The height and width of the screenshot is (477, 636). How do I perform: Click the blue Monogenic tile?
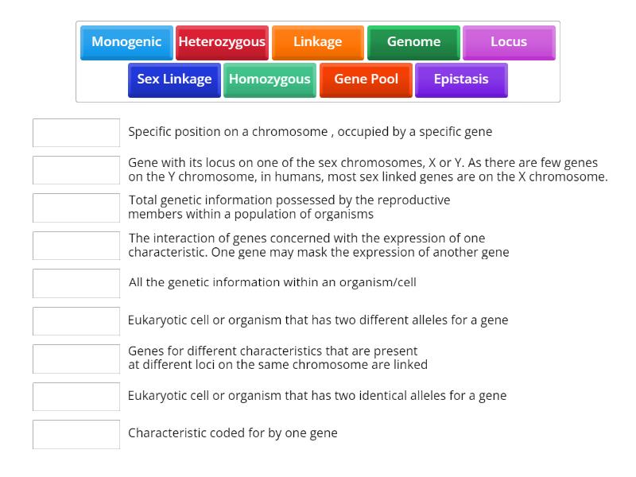[x=126, y=42]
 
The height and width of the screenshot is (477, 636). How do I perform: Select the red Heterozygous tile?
[x=222, y=42]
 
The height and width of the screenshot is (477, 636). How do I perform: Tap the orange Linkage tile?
[x=317, y=42]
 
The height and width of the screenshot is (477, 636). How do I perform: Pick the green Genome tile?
[x=413, y=42]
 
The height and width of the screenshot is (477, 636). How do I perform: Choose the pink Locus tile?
[x=509, y=42]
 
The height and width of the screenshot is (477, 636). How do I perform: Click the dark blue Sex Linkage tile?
[x=174, y=79]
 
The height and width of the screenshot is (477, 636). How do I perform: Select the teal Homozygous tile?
[x=270, y=79]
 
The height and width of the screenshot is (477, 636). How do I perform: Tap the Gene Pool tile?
[x=366, y=79]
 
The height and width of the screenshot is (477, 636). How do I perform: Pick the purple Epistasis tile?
[x=461, y=79]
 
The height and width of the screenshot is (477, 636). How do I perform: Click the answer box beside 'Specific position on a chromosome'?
[x=76, y=133]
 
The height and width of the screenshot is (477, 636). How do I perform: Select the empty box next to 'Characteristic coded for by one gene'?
[x=76, y=434]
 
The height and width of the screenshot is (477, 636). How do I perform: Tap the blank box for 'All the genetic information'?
[x=76, y=283]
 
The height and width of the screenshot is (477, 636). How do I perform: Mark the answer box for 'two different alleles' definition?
[x=76, y=321]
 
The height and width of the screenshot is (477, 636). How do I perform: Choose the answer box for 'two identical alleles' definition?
[x=76, y=397]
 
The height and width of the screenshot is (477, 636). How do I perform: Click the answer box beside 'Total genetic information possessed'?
[x=76, y=207]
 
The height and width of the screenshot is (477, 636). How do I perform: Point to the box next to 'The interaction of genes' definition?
[x=76, y=246]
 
